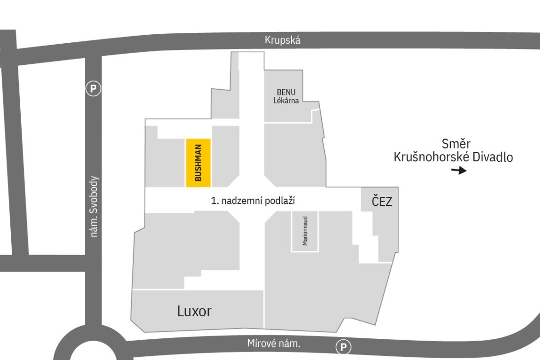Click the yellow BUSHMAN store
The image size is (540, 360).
(198, 163)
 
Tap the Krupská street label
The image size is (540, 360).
(282, 40)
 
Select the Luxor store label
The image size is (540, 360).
(194, 311)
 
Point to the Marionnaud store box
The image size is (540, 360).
(305, 231)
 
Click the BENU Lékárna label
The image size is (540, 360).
(286, 96)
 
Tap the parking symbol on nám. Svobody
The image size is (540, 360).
(93, 89)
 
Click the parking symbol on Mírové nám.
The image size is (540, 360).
(343, 347)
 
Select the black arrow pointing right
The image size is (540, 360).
(459, 170)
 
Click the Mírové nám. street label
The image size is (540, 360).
(274, 344)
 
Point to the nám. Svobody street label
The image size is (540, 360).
(94, 206)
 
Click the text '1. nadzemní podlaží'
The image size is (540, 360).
(253, 201)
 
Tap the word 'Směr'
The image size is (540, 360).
(456, 143)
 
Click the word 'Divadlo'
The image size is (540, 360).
(493, 157)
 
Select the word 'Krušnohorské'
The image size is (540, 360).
(432, 157)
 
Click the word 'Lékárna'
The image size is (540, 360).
(286, 101)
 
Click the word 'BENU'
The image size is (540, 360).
(286, 93)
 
